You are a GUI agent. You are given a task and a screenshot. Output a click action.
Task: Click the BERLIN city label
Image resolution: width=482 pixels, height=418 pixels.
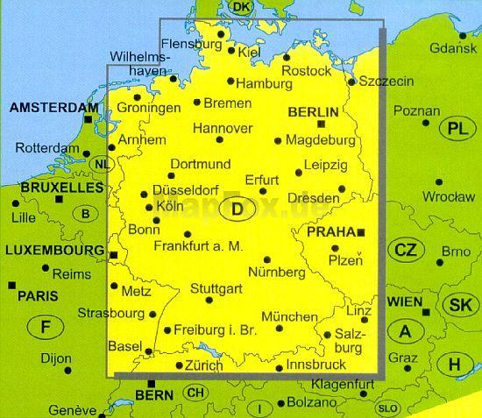coord(313,111)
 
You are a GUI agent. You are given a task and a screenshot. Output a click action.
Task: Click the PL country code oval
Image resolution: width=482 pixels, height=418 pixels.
coord(456,129)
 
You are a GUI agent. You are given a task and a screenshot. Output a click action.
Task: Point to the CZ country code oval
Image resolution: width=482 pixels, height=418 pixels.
coord(404,250)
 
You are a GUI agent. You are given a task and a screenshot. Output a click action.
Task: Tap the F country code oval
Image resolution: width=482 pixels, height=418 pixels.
coord(46,328)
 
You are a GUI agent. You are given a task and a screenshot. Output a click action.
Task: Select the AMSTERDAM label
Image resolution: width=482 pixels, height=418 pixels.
coord(51,108)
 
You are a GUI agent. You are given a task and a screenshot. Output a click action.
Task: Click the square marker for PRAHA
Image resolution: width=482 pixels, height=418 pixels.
coord(360,232)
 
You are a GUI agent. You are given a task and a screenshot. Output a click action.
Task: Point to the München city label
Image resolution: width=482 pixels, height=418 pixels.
coord(289,316)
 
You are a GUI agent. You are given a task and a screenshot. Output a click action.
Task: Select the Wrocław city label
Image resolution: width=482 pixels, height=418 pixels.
coord(447,197)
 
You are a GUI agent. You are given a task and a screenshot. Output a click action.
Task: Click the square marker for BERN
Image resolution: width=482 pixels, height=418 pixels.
coord(152,383)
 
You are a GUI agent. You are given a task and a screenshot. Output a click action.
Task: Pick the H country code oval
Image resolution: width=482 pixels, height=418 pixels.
coord(455,364)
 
